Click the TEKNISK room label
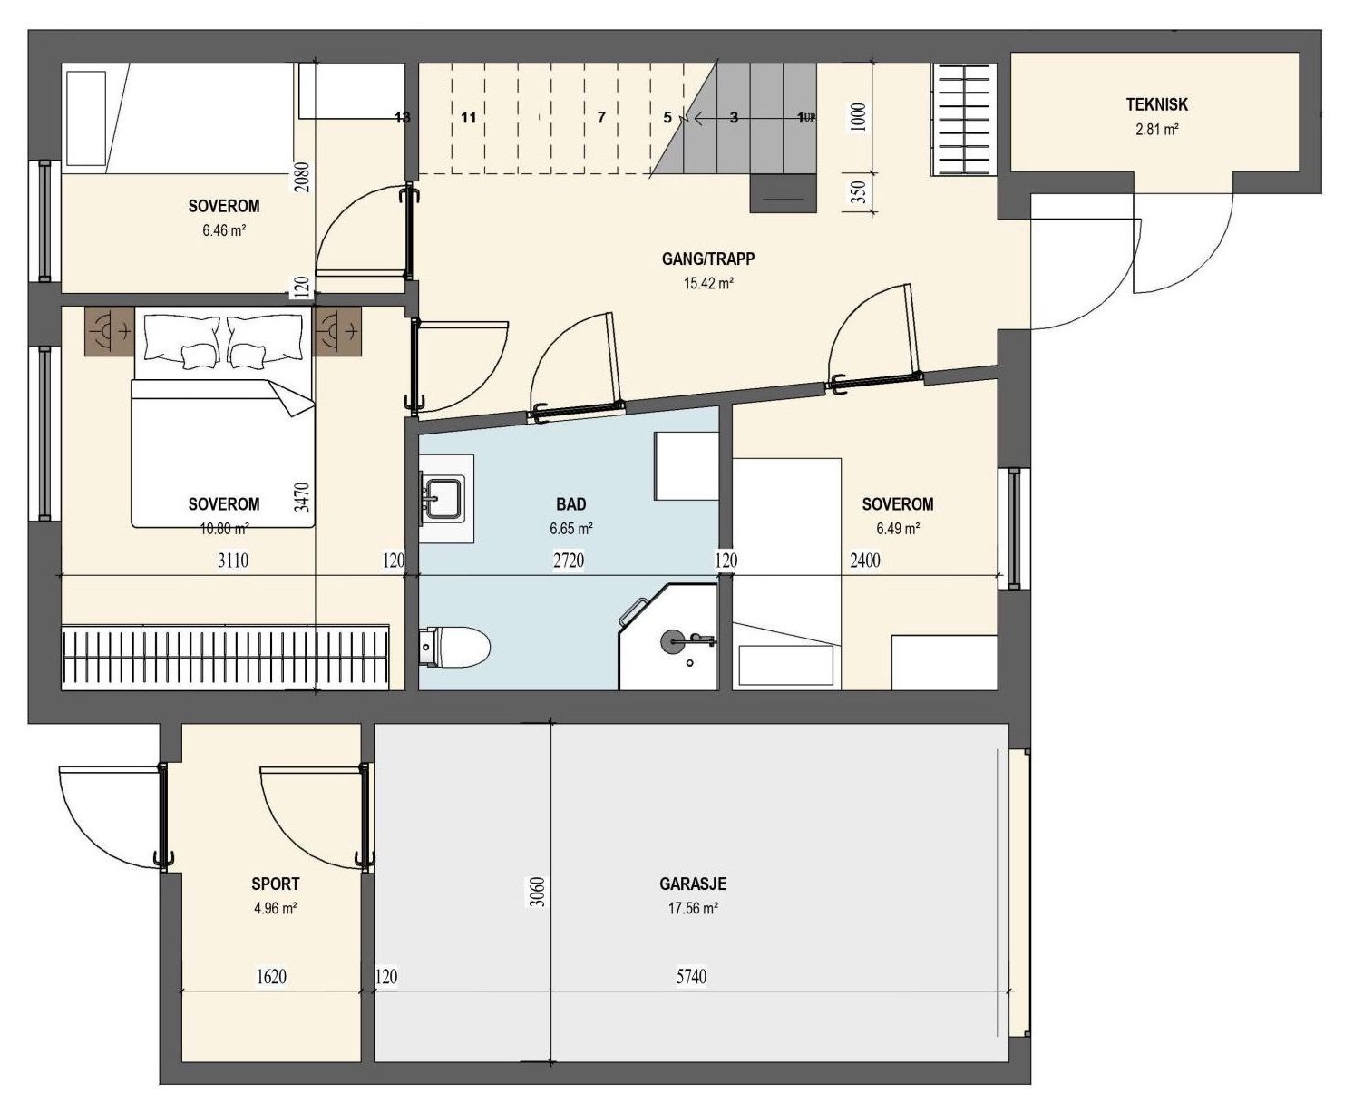tap(1156, 104)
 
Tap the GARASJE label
tap(693, 884)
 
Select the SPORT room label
tap(276, 884)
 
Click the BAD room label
tap(570, 504)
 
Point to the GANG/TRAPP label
tap(708, 259)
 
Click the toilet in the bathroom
tap(454, 648)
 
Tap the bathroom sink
tap(443, 497)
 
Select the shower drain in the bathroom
tap(689, 662)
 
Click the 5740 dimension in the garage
tap(691, 977)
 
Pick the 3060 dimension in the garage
tap(537, 892)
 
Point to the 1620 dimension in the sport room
tap(271, 977)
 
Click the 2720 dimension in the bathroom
tap(569, 561)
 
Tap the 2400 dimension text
tap(865, 561)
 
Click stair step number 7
tap(601, 118)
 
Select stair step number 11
tap(469, 118)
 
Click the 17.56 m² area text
tap(693, 908)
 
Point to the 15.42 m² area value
tap(708, 283)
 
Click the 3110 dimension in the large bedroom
tap(233, 561)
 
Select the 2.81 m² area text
tap(1156, 129)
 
